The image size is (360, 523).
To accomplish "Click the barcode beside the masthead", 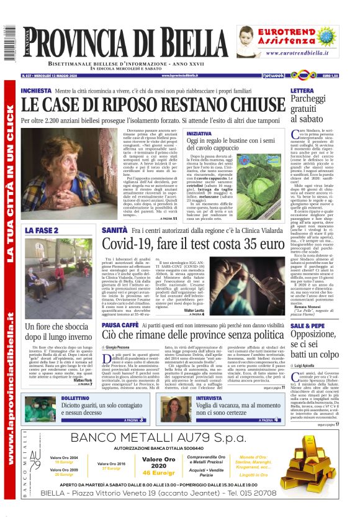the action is [x=9, y=44].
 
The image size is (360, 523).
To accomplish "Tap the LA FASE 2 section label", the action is [x=42, y=230].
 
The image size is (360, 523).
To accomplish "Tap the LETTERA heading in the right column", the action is [x=306, y=91].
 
